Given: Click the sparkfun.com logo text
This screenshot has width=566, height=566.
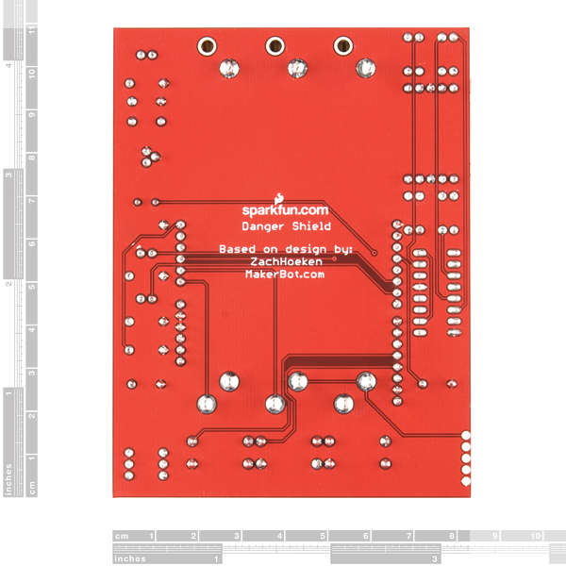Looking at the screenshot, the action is pos(285,210).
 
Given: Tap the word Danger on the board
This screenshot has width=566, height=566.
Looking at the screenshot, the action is pos(263,226).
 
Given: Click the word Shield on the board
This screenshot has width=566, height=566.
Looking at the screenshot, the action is pos(311,226).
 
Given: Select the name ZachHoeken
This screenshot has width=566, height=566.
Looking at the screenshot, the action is pos(286,261).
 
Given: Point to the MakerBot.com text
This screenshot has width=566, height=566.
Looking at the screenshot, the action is pos(285,275).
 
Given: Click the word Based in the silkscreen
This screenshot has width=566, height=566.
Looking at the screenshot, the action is pos(237,249).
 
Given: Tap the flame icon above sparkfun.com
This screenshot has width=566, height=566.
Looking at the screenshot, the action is pos(278,199).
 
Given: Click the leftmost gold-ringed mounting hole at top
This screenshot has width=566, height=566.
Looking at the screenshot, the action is pos(208,46).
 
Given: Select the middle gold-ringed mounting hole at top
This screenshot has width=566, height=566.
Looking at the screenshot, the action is pos(275,46).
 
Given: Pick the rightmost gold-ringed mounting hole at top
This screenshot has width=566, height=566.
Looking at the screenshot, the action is pos(343,46).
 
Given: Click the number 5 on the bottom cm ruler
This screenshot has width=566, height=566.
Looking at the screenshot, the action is pos(323,536).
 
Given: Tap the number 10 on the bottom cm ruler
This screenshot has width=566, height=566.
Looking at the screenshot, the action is pos(536,536).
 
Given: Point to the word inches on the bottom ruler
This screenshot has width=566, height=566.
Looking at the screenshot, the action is pos(130,558).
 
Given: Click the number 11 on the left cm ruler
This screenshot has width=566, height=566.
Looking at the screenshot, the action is pos(32,30).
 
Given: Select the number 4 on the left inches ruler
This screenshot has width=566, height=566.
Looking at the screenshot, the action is pos(8,65).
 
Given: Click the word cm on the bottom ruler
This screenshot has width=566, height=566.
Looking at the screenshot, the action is pos(122,536).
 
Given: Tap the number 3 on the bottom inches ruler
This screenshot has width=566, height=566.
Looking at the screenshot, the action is pos(435,559).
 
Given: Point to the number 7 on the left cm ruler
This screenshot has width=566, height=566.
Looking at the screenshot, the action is pos(32,201).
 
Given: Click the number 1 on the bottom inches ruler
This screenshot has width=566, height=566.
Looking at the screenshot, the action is pos(216,559).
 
